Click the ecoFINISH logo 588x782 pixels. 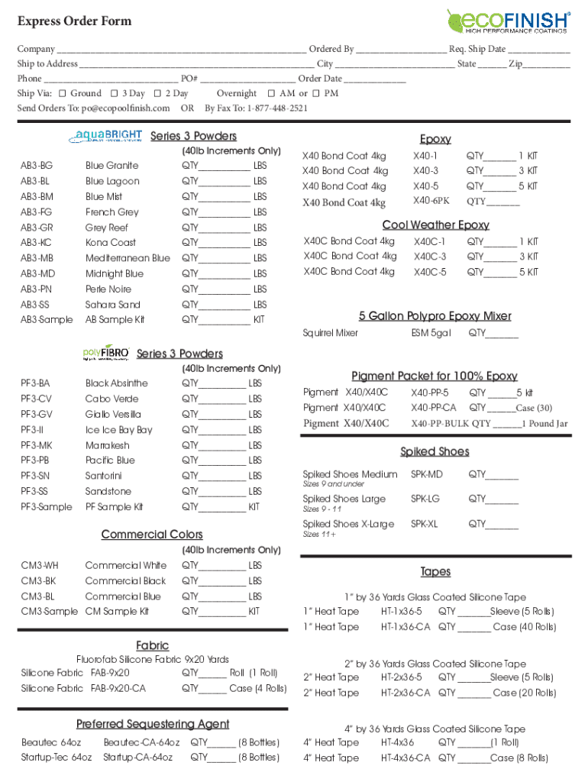pyautogui.click(x=508, y=21)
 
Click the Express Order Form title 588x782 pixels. pyautogui.click(x=74, y=21)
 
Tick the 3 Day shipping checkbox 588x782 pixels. pyautogui.click(x=114, y=93)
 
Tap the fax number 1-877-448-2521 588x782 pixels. pyautogui.click(x=277, y=108)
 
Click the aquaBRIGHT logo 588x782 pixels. pyautogui.click(x=106, y=136)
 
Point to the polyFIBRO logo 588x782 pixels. pyautogui.click(x=106, y=352)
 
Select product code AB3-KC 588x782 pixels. pyautogui.click(x=37, y=243)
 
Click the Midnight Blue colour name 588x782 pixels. pyautogui.click(x=114, y=273)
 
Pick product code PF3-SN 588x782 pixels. pyautogui.click(x=36, y=476)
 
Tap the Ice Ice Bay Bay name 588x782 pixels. pyautogui.click(x=118, y=430)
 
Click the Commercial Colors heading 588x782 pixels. pyautogui.click(x=152, y=535)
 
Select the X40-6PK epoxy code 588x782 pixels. pyautogui.click(x=431, y=201)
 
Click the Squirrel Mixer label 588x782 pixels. pyautogui.click(x=330, y=333)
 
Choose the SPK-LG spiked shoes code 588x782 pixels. pyautogui.click(x=425, y=499)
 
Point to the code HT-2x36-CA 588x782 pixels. pyautogui.click(x=405, y=693)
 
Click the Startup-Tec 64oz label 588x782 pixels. pyautogui.click(x=57, y=758)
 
